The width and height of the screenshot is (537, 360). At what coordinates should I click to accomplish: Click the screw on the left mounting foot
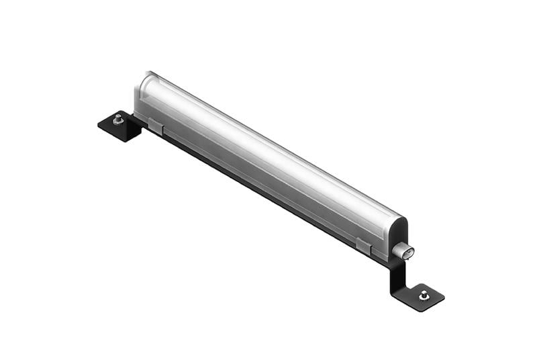(118, 119)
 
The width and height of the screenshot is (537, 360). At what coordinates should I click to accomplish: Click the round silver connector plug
(402, 251)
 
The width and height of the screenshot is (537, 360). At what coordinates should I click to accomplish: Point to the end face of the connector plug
(409, 253)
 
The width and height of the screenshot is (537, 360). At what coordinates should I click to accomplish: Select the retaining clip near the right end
(363, 246)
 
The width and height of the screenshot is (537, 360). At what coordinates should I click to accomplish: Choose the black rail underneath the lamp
(268, 195)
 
